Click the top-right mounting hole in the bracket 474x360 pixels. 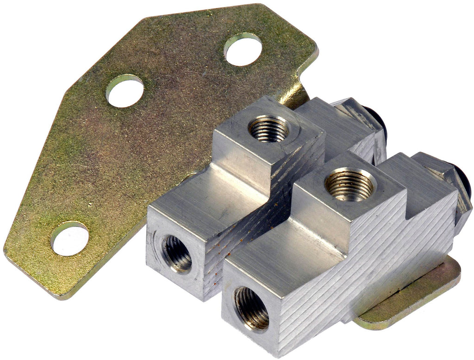(243, 50)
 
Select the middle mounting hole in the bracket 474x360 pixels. (125, 91)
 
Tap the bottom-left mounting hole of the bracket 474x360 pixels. (69, 239)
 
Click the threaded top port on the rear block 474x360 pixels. (268, 128)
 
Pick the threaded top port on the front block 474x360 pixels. (349, 185)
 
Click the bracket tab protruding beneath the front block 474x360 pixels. (417, 297)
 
